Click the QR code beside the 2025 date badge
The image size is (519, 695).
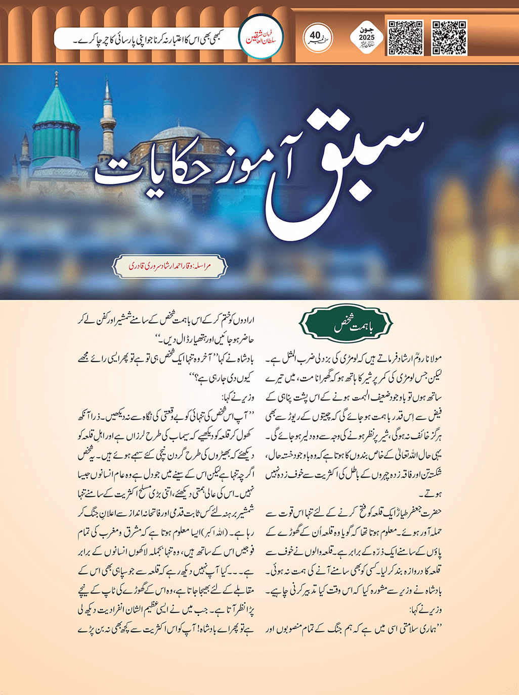[405, 38]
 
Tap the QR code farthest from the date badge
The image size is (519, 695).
[449, 38]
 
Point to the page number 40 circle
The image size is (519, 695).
[317, 37]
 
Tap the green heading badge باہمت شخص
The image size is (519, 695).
[346, 325]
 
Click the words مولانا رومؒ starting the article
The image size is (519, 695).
[427, 359]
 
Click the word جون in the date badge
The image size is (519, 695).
[367, 30]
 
